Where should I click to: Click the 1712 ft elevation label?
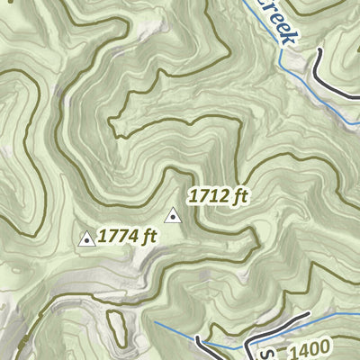click(x=218, y=193)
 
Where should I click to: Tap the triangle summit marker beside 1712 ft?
click(x=173, y=215)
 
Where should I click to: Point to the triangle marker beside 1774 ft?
click(x=87, y=238)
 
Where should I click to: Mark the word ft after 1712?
click(x=239, y=193)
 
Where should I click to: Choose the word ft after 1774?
click(x=148, y=238)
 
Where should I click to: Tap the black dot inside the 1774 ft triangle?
click(x=87, y=240)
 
